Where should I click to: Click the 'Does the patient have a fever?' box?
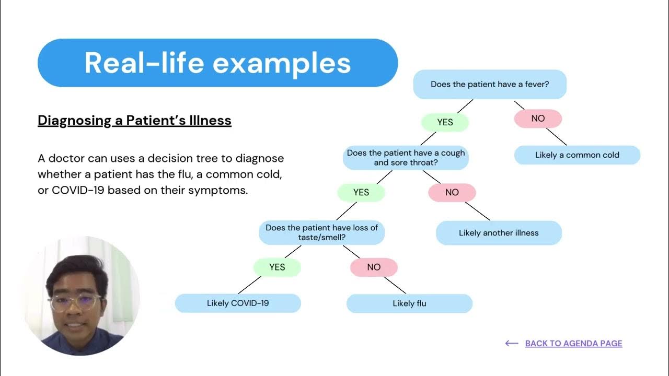click(x=490, y=84)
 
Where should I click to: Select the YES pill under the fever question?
click(x=445, y=122)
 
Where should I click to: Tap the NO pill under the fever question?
click(x=538, y=119)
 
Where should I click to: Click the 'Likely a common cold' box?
click(x=577, y=155)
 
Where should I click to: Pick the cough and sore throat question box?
click(x=406, y=158)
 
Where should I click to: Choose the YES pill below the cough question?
click(x=361, y=193)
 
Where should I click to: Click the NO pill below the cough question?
click(x=452, y=193)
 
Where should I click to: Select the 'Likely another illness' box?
click(x=499, y=233)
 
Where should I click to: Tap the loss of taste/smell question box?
click(x=321, y=232)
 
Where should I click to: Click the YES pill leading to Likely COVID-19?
click(x=277, y=267)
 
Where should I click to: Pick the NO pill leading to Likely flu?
click(x=373, y=267)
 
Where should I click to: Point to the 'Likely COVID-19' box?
click(x=238, y=303)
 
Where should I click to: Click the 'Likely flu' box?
click(x=409, y=303)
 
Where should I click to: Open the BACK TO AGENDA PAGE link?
click(x=573, y=343)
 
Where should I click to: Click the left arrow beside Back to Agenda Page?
click(x=512, y=343)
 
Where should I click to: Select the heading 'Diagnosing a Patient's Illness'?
click(x=134, y=121)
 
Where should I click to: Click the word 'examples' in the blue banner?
click(x=282, y=63)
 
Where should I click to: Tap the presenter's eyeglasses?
click(x=75, y=302)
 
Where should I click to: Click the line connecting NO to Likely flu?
click(x=395, y=285)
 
